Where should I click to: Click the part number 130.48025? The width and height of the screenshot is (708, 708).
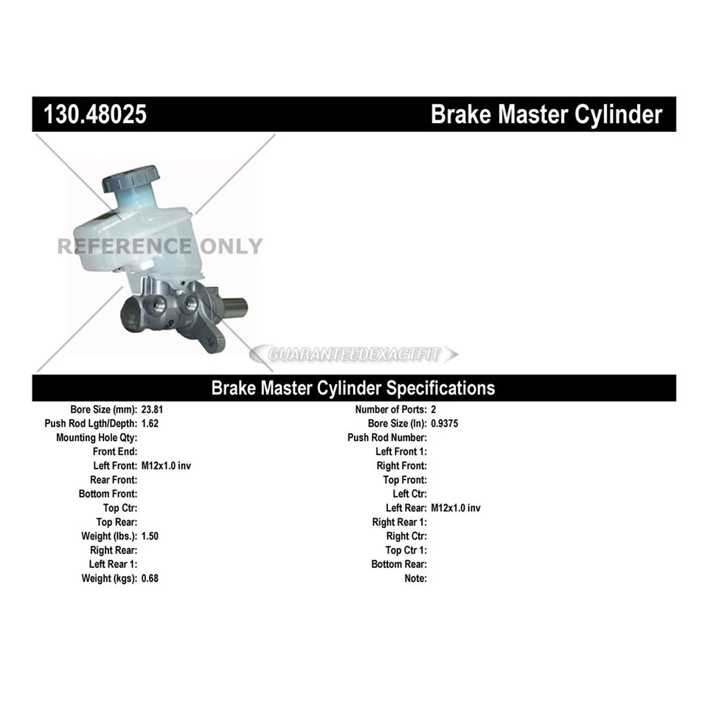[95, 115]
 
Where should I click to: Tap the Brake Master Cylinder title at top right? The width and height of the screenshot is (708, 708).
[546, 115]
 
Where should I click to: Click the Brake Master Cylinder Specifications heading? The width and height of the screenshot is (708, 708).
[353, 388]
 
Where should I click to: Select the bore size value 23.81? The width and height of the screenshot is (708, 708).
[152, 409]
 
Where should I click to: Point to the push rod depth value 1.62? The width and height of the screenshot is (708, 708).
[150, 423]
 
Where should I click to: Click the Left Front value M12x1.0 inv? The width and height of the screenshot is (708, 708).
[167, 465]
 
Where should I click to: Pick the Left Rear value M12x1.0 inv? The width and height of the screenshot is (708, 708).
[456, 508]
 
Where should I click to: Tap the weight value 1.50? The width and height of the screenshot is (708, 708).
[150, 536]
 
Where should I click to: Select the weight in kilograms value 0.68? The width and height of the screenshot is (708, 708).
[150, 578]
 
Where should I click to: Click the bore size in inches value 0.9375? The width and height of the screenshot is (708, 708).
[445, 423]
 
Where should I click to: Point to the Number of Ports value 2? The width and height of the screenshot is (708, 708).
[434, 409]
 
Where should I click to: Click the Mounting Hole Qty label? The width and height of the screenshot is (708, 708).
[97, 437]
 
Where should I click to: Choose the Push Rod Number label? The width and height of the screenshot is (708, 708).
[387, 437]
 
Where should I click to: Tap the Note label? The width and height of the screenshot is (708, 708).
[415, 578]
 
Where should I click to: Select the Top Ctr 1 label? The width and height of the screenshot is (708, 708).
[406, 550]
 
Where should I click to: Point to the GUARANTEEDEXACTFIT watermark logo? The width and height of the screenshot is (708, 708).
[354, 355]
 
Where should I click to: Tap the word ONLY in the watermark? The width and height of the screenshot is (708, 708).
[230, 246]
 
